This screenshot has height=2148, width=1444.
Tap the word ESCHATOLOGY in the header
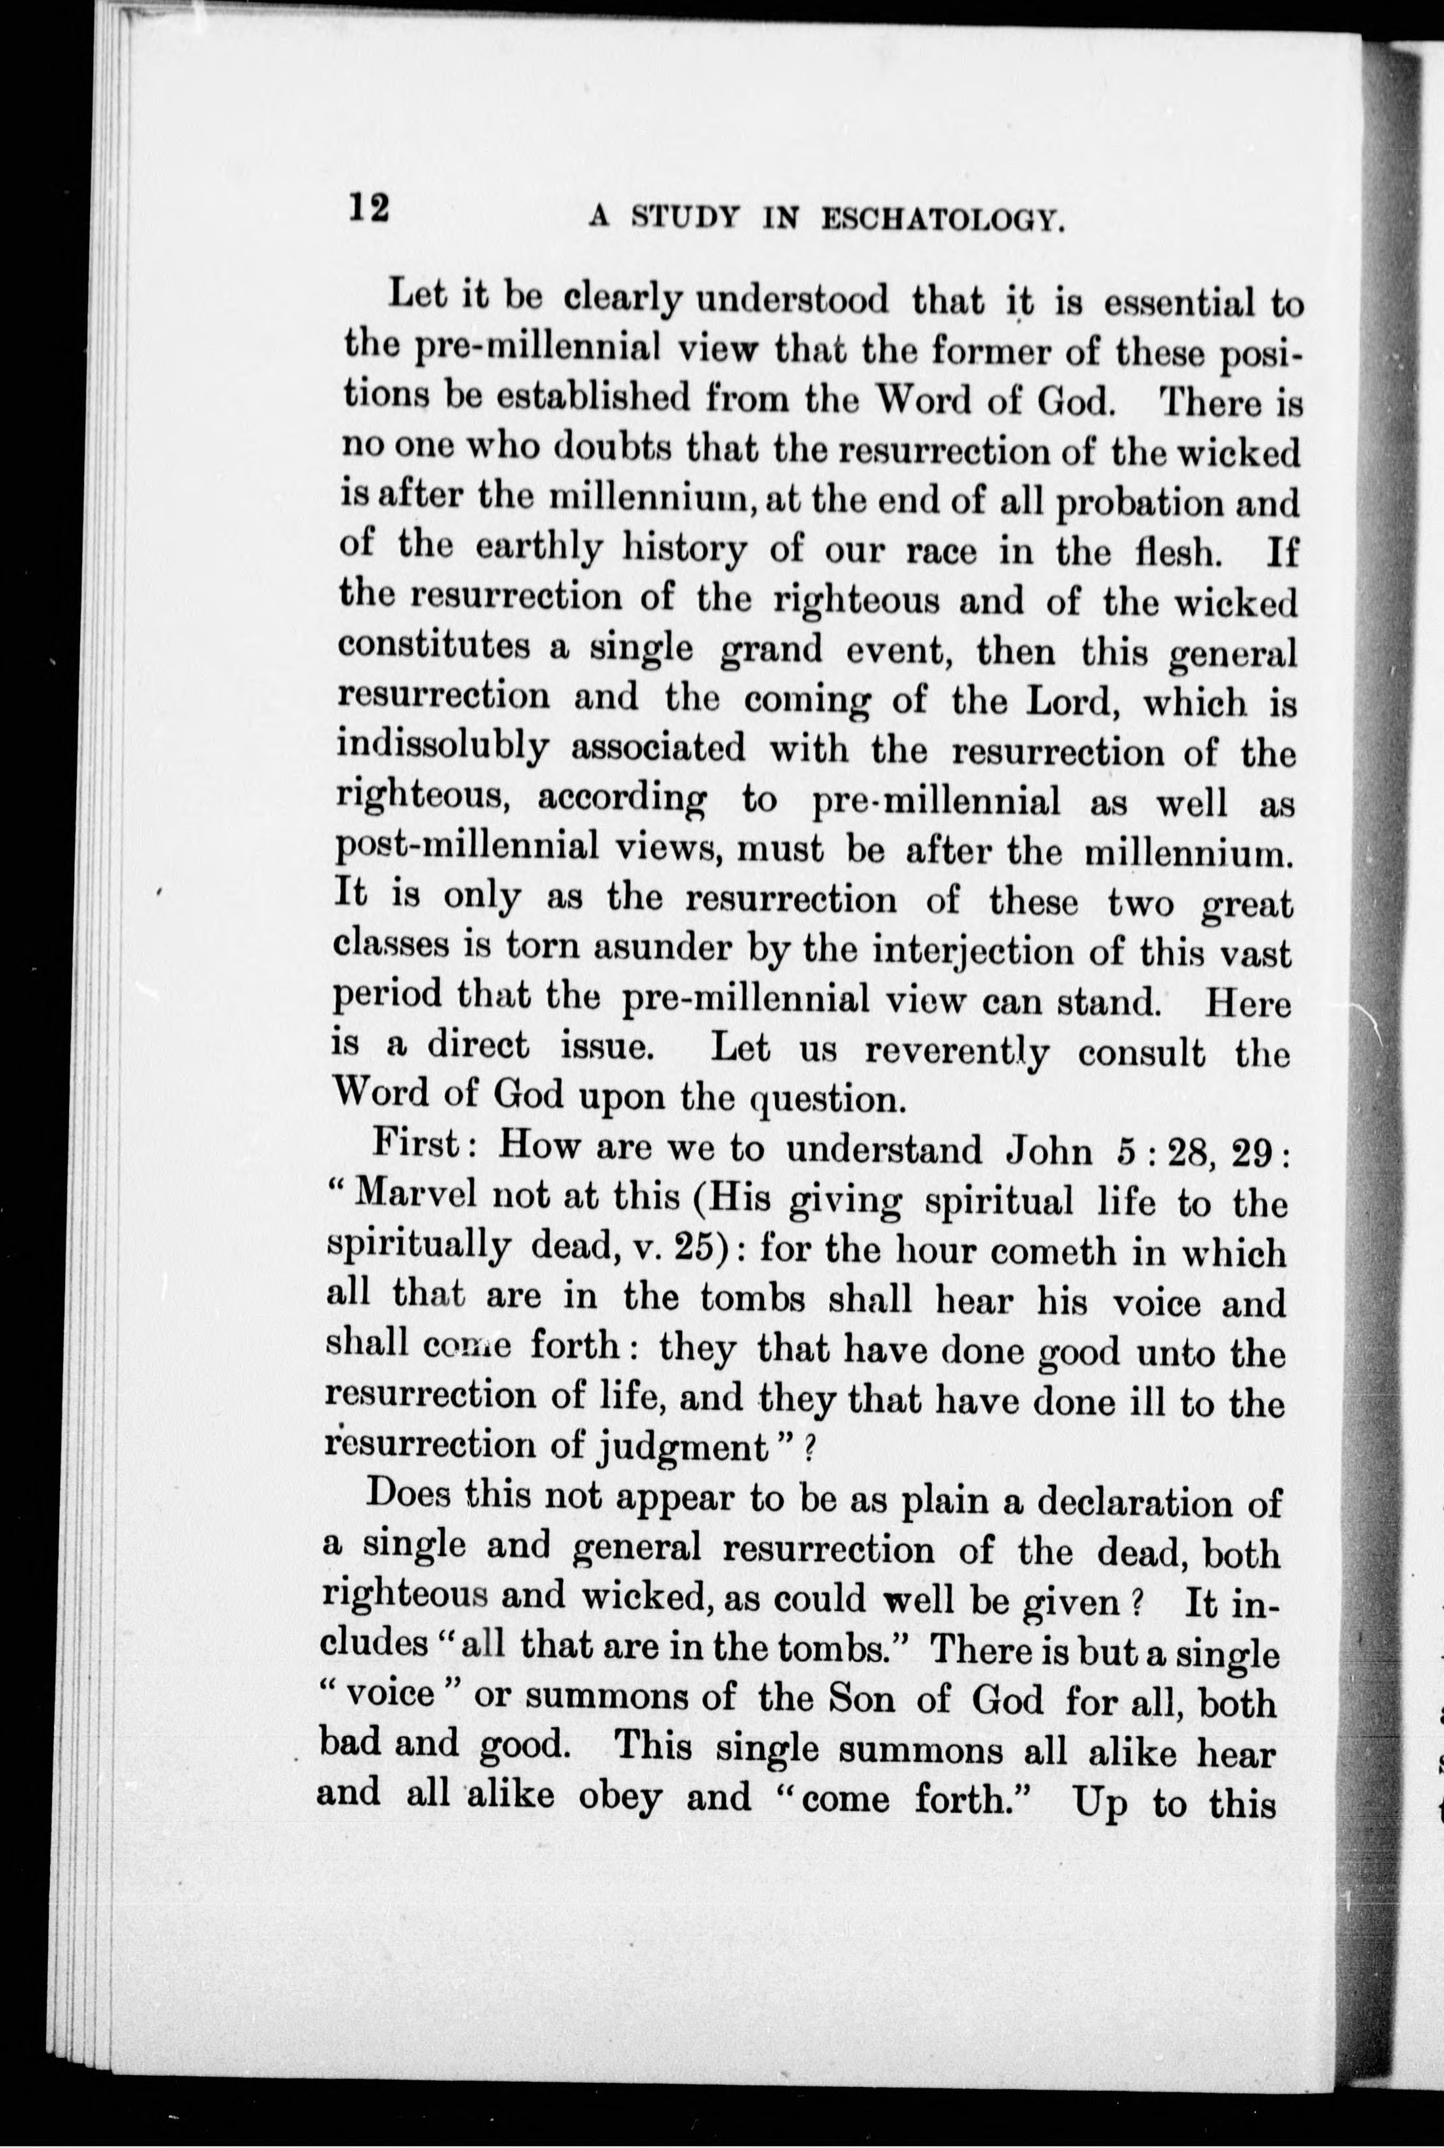point(942,219)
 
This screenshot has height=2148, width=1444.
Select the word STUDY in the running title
point(683,219)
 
